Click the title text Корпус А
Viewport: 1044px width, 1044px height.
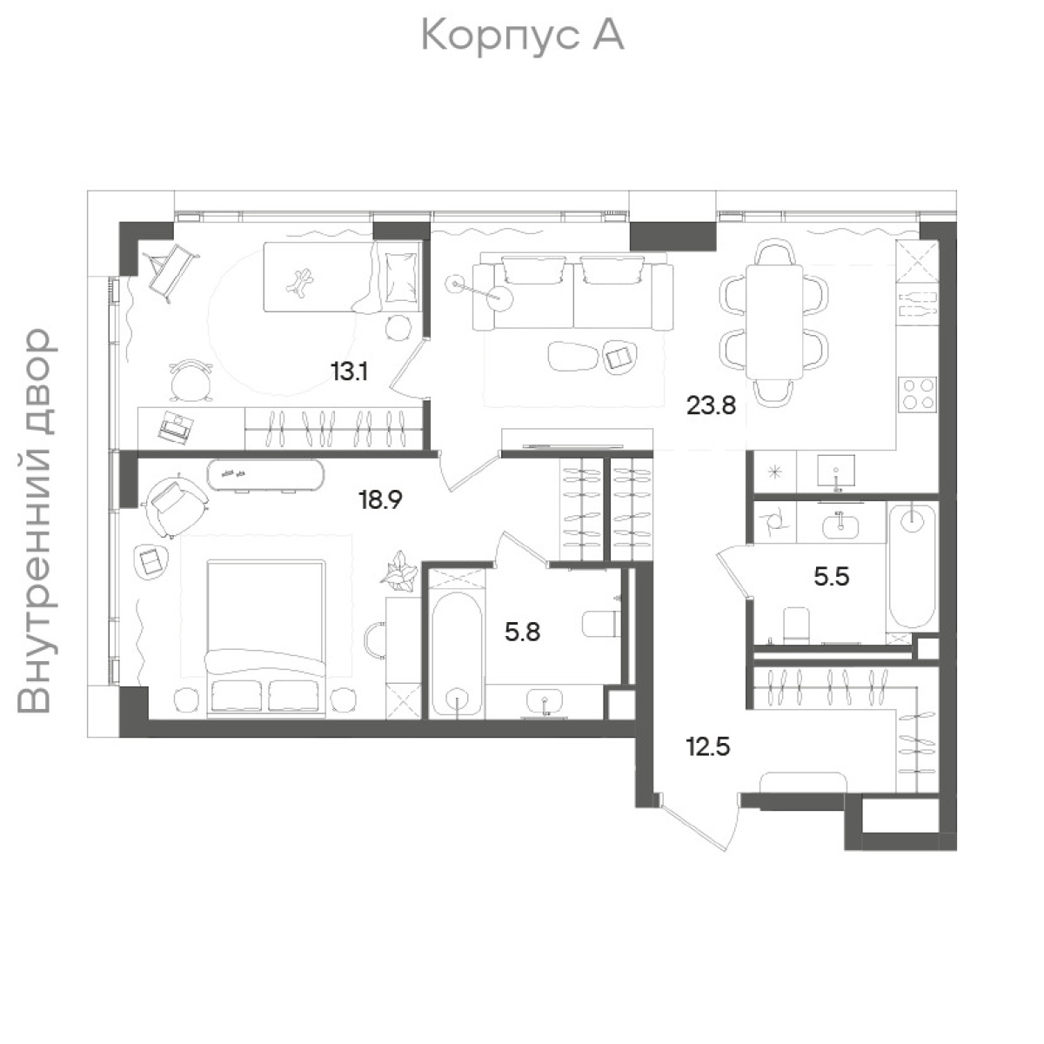click(522, 37)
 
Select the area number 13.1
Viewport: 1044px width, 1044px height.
click(350, 372)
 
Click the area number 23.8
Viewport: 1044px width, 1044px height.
click(711, 405)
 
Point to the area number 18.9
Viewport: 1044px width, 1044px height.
click(380, 500)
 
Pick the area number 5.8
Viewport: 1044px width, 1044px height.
click(522, 632)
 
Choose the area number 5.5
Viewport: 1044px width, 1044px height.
click(832, 577)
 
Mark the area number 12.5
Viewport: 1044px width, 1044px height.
click(708, 747)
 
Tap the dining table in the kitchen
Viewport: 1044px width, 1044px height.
click(774, 322)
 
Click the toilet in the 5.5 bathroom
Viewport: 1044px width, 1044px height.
click(796, 626)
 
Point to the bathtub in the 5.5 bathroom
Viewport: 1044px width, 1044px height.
click(913, 566)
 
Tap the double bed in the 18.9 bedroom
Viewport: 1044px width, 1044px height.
click(266, 639)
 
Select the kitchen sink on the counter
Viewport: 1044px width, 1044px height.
click(836, 473)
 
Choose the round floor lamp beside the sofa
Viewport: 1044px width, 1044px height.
click(499, 297)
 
